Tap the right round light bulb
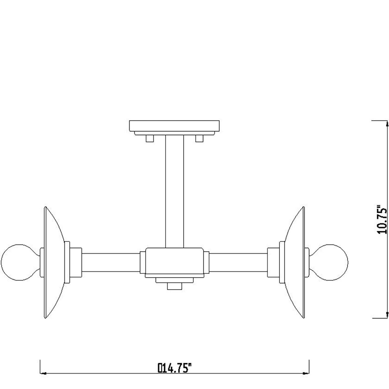point(328,262)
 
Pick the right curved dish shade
point(295,262)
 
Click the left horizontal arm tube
point(111,262)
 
